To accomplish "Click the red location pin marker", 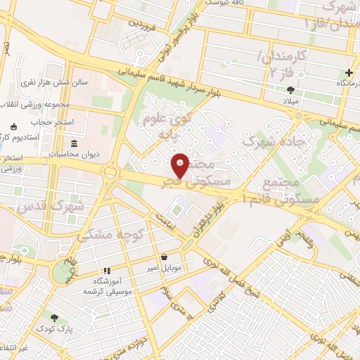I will tap(181, 165).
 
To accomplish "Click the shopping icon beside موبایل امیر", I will tap(165, 257).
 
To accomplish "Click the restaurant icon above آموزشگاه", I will tap(107, 271).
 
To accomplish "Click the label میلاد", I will tap(290, 101).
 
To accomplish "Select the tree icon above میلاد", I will tap(291, 89).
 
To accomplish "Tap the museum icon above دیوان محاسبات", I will tap(74, 143).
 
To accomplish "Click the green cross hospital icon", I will tap(349, 73).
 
